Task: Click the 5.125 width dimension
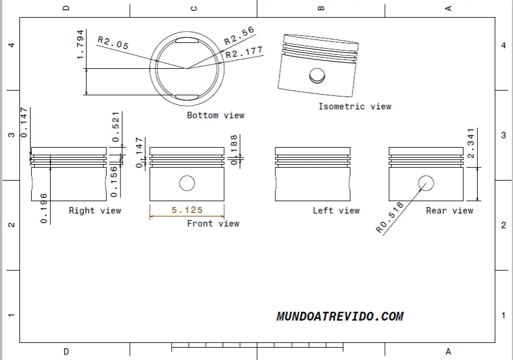(187, 210)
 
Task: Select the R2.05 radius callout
(113, 43)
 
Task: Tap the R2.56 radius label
(239, 36)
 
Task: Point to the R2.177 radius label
(244, 52)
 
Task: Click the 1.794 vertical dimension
(80, 45)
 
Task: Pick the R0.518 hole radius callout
(389, 218)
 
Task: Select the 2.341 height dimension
(471, 144)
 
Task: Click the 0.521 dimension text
(115, 127)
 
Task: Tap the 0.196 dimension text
(44, 208)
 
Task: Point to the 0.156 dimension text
(114, 182)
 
